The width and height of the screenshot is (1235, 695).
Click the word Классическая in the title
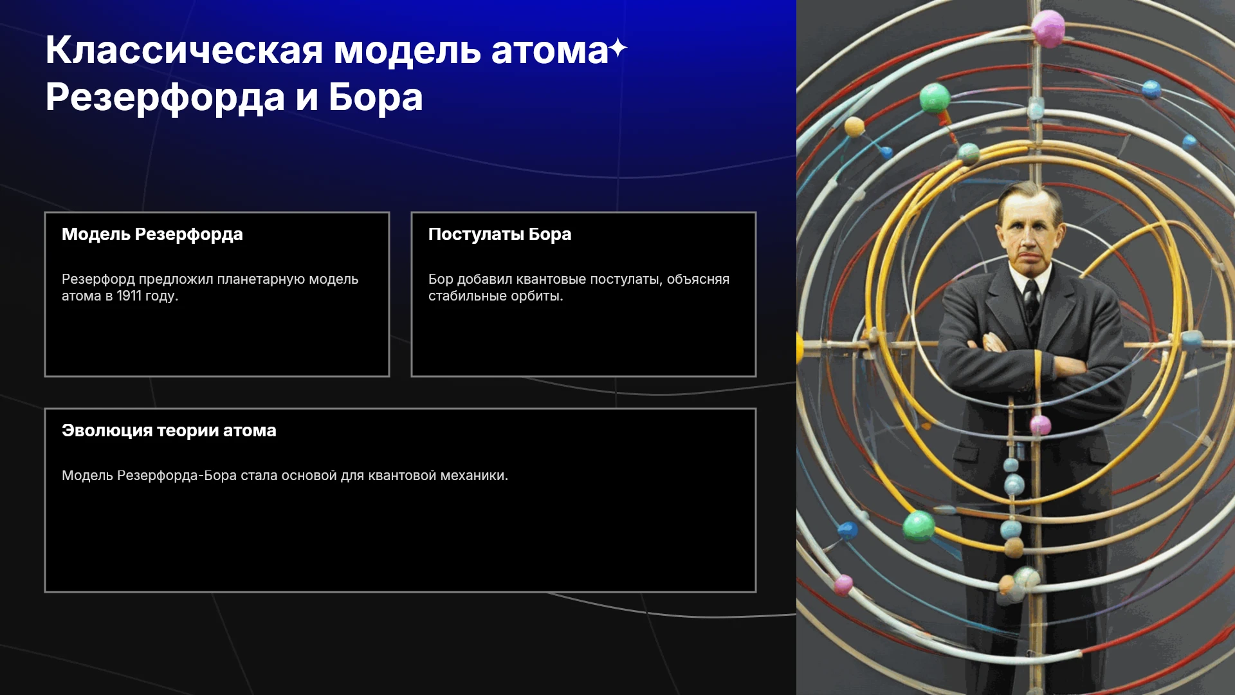coord(184,50)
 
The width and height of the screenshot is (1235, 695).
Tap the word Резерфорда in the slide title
coord(165,98)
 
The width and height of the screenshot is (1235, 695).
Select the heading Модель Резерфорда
coord(152,234)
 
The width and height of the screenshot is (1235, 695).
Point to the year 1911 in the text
coord(129,296)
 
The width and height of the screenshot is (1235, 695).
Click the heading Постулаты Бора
coord(500,234)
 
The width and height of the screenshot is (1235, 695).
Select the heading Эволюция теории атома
coord(169,431)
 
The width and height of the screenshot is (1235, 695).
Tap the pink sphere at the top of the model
coord(1048,28)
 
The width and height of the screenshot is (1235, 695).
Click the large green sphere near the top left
coord(935,98)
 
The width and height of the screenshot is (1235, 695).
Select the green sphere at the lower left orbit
coord(919,526)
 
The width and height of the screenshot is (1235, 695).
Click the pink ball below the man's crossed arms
coord(1040,425)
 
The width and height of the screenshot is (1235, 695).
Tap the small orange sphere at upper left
coord(854,127)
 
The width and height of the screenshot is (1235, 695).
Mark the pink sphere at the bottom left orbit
coord(843,585)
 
